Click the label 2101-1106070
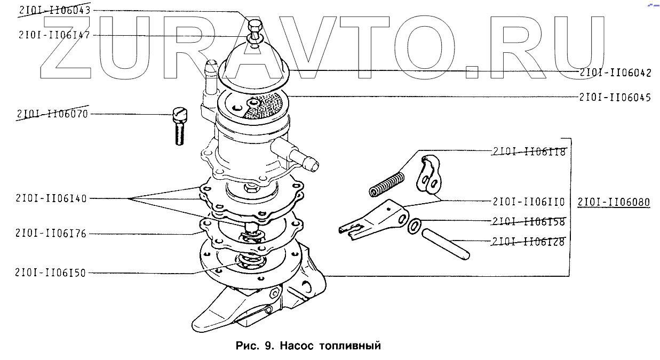point(52,114)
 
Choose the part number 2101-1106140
point(52,198)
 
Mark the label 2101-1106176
point(52,233)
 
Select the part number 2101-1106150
point(52,273)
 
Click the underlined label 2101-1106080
point(614,203)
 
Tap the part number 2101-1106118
point(529,151)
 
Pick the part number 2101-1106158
point(529,221)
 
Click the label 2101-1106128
point(529,242)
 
